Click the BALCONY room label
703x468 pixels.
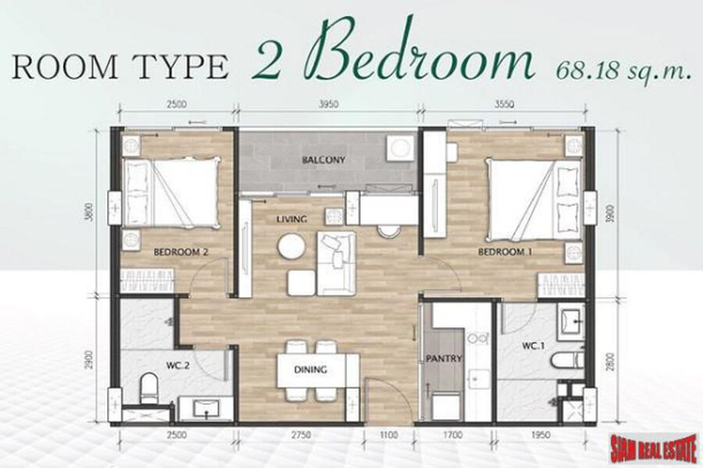pos(323,159)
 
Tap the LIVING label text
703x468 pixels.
pos(291,220)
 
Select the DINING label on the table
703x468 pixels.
pos(310,370)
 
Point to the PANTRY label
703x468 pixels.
pos(444,359)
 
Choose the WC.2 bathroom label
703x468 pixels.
pos(177,366)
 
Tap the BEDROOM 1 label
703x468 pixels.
pos(505,252)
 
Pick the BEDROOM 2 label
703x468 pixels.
pos(180,252)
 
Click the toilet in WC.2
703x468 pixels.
pos(148,388)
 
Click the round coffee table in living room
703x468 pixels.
pos(292,247)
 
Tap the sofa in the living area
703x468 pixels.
pos(336,263)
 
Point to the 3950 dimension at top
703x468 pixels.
pos(328,105)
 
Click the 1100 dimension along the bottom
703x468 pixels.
pos(388,435)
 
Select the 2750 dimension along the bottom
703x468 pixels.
pos(302,435)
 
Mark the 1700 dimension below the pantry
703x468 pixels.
pos(454,435)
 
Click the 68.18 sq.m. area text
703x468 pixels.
pos(623,71)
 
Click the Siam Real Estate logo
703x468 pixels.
pos(654,449)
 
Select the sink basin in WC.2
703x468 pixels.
pos(206,409)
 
